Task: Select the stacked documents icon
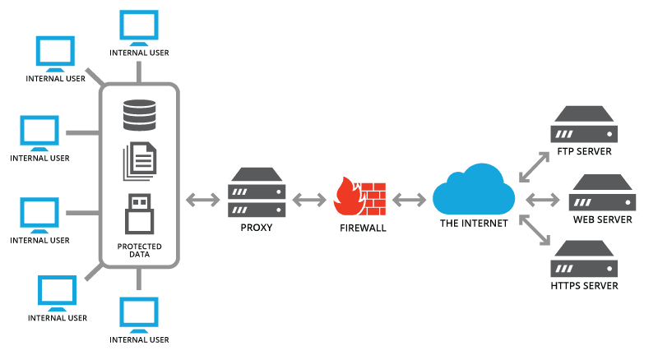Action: pyautogui.click(x=139, y=163)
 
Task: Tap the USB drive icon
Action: pyautogui.click(x=139, y=213)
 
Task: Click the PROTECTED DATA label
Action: pyautogui.click(x=139, y=251)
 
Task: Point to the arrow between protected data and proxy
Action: pyautogui.click(x=202, y=198)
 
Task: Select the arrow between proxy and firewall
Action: pyautogui.click(x=309, y=198)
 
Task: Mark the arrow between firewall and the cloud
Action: pyautogui.click(x=410, y=198)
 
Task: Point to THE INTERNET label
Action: pyautogui.click(x=473, y=223)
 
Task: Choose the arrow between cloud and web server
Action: pyautogui.click(x=542, y=198)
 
